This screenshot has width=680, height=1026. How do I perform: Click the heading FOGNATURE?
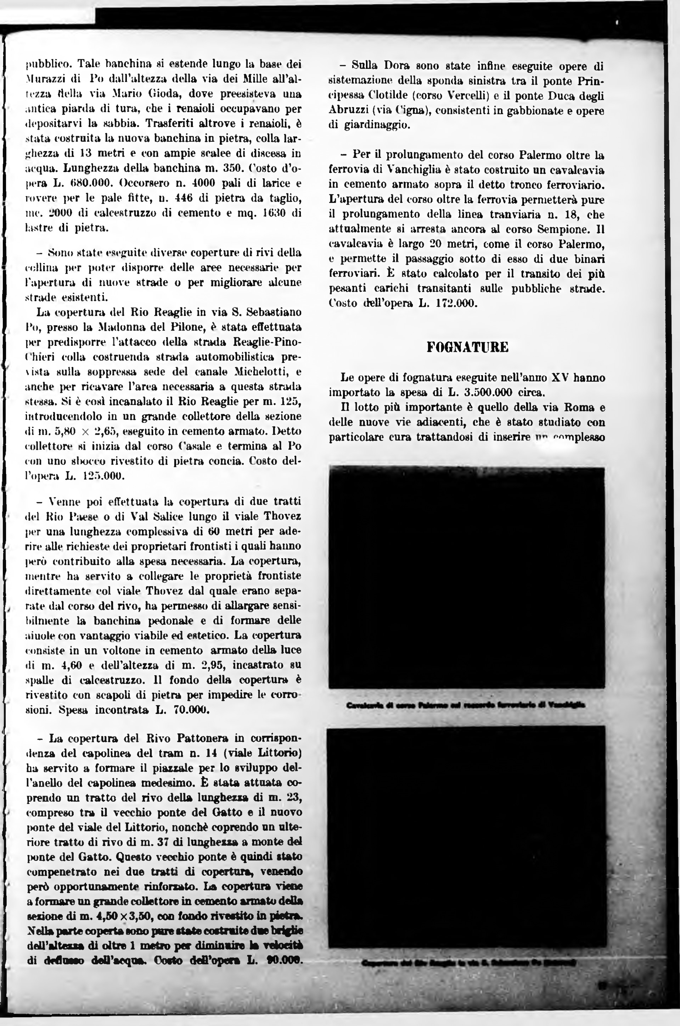coord(467,347)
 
